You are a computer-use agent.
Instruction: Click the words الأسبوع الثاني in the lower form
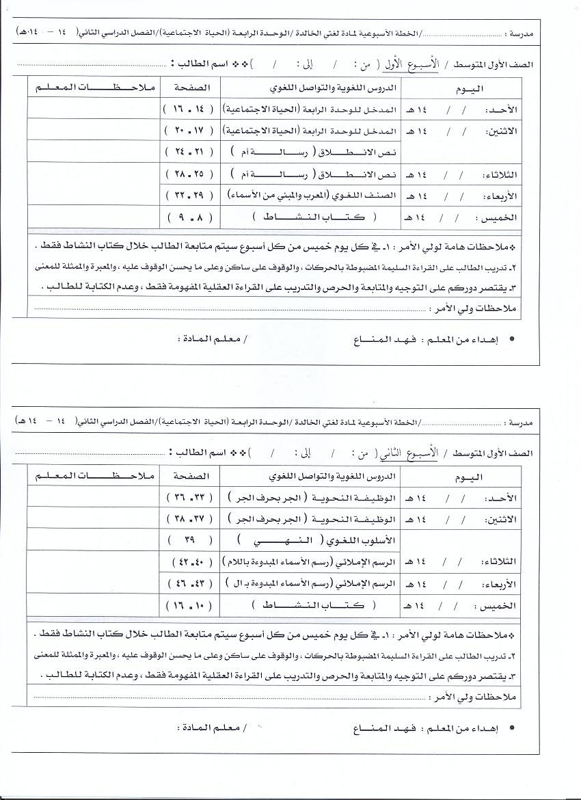(x=418, y=453)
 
